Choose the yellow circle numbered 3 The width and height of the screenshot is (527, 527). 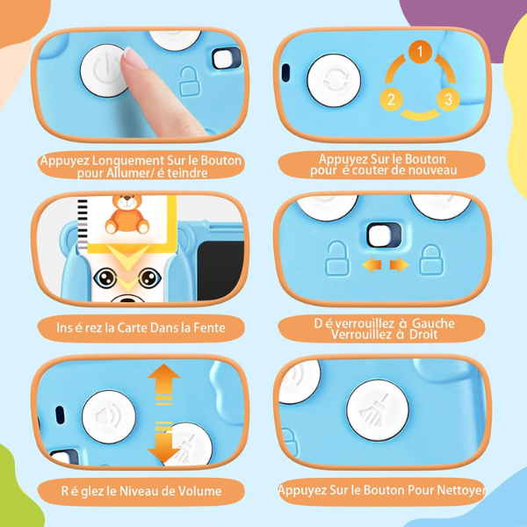pos(447,98)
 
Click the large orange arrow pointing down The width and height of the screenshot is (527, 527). pos(163,443)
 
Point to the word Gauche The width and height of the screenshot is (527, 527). pos(427,323)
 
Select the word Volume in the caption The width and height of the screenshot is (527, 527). pos(198,491)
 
